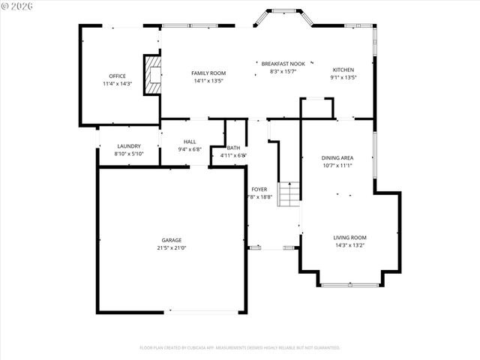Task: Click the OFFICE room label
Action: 117,76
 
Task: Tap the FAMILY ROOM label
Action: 209,73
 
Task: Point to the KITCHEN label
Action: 343,70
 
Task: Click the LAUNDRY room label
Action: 129,146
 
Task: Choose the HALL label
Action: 190,141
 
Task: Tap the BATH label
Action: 233,148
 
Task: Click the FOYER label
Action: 259,189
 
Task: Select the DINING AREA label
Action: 337,158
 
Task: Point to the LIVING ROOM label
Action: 349,238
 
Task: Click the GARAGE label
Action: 171,240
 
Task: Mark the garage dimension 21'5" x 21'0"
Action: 171,247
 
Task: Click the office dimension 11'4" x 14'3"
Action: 117,83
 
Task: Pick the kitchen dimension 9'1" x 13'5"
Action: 343,77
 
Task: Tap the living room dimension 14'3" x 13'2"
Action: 349,245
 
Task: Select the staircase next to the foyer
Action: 289,194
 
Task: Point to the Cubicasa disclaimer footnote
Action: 240,347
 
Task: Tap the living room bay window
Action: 349,284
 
